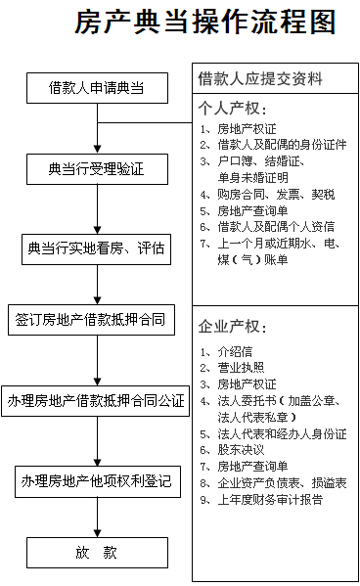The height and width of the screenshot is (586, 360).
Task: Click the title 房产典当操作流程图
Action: point(204,23)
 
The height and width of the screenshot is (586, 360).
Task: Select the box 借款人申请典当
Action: point(96,89)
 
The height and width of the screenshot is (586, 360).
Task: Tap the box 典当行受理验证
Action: point(96,169)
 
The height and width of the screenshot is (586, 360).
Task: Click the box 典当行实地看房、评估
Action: point(96,248)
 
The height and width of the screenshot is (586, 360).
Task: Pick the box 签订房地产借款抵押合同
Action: point(96,320)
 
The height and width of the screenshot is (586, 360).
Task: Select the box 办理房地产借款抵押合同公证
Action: point(96,400)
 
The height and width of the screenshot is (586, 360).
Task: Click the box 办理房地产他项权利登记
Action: point(96,480)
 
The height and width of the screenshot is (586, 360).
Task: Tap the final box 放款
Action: point(96,553)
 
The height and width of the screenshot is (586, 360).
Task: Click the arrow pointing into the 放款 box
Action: point(96,518)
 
